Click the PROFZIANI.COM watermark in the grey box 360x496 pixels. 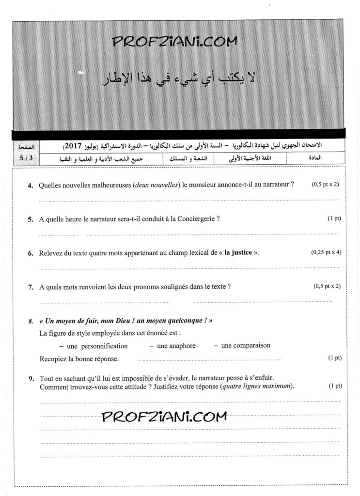[x=175, y=42]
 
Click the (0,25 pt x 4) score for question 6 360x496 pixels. [x=326, y=252]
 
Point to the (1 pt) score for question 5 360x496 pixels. [x=334, y=218]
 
